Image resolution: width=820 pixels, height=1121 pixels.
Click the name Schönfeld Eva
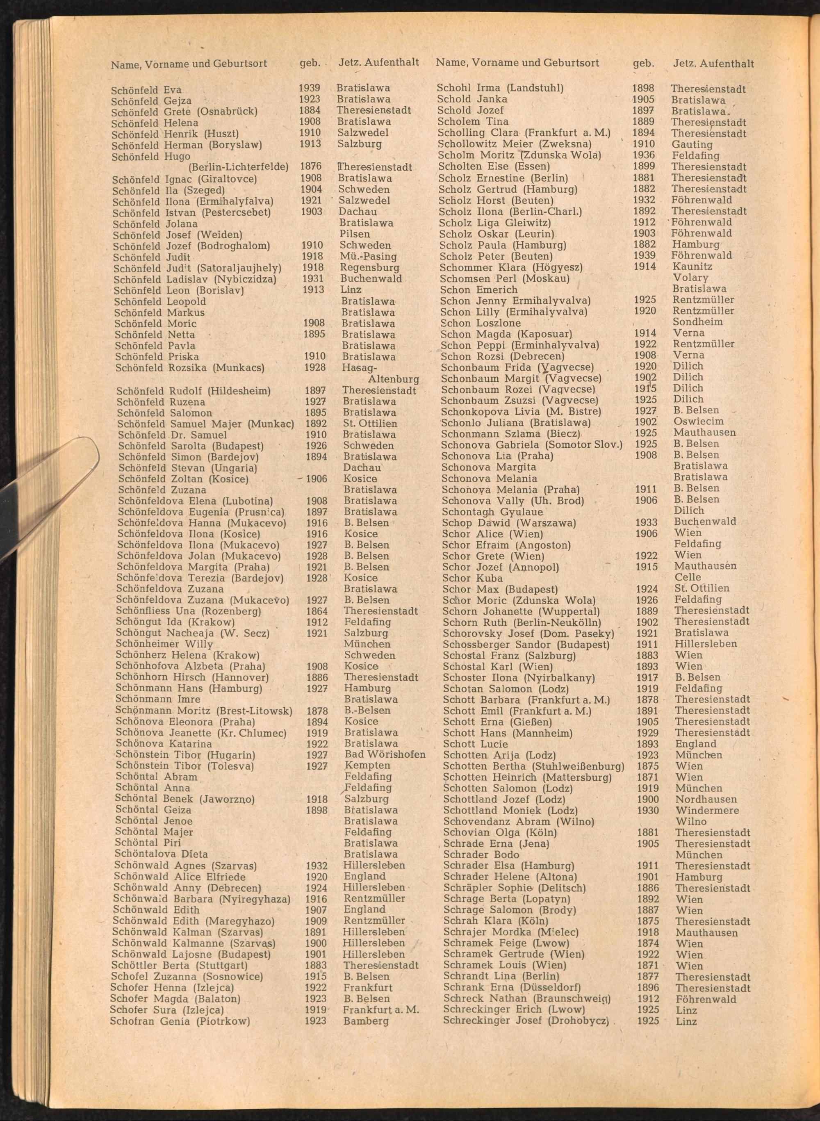146,90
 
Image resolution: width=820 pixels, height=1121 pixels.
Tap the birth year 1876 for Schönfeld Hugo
311,166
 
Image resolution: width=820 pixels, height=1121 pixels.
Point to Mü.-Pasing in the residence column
368,257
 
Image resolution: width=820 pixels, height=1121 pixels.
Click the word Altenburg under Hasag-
393,379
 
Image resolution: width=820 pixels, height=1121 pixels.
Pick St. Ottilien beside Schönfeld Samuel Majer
370,424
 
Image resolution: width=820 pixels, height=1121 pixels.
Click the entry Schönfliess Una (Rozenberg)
188,611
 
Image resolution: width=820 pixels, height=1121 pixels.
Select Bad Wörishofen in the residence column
385,754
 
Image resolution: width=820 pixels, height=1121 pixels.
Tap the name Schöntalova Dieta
161,854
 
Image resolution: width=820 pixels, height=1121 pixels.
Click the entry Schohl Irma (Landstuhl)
500,89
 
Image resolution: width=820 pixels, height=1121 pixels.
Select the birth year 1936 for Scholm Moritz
644,155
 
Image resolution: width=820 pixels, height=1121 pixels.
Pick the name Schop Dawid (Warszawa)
509,523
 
